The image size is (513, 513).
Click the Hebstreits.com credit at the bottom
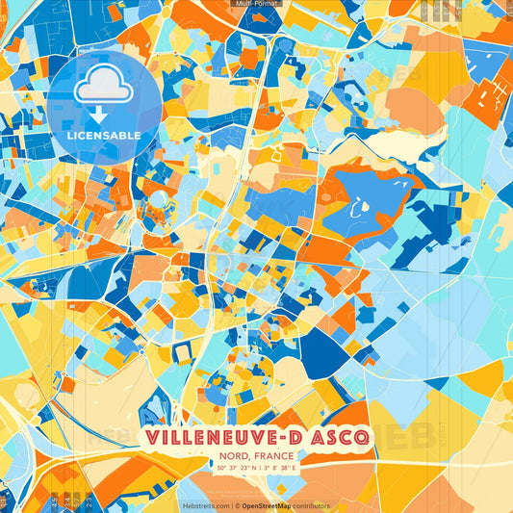pyautogui.click(x=206, y=505)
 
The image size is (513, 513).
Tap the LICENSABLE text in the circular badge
pyautogui.click(x=104, y=136)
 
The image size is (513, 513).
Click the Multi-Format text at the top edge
pyautogui.click(x=255, y=4)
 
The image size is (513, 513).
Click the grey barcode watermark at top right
pyautogui.click(x=445, y=12)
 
